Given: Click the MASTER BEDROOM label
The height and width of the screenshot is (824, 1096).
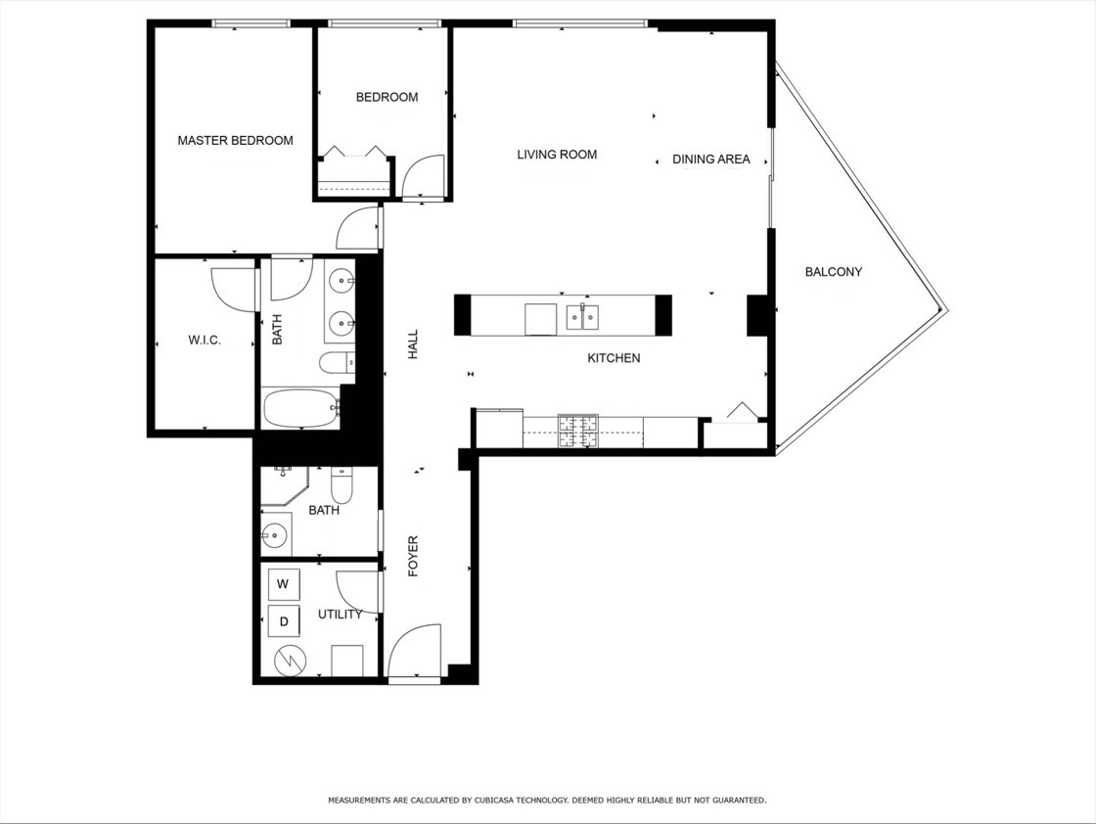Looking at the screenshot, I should tap(235, 141).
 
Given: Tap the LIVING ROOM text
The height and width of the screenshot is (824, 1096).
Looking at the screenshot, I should tap(557, 155).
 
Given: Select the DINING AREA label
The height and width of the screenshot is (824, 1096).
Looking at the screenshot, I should tap(710, 160).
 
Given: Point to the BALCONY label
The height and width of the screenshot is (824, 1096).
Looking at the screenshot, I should tap(833, 272).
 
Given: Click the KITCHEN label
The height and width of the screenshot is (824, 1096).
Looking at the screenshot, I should tap(614, 358).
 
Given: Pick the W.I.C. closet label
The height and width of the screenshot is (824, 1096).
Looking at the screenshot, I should tap(205, 341).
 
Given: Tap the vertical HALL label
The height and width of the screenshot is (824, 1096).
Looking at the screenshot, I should tap(413, 343).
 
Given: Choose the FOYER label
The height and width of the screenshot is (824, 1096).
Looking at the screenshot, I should tap(413, 556).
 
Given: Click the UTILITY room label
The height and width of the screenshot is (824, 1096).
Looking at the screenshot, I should tap(340, 615).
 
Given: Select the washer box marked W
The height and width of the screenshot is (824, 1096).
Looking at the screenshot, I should tap(283, 584).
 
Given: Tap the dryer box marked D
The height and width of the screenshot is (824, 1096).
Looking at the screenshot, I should tap(284, 620).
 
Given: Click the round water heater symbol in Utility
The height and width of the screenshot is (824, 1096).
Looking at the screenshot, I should tap(290, 662).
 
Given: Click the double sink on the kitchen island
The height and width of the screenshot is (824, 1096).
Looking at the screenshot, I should tap(584, 317).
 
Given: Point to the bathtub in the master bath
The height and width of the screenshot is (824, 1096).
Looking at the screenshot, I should tap(300, 408).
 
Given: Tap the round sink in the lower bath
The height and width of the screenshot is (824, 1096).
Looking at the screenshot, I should tap(274, 535).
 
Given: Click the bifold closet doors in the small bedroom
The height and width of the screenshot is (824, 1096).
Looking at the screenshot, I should tap(354, 154).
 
